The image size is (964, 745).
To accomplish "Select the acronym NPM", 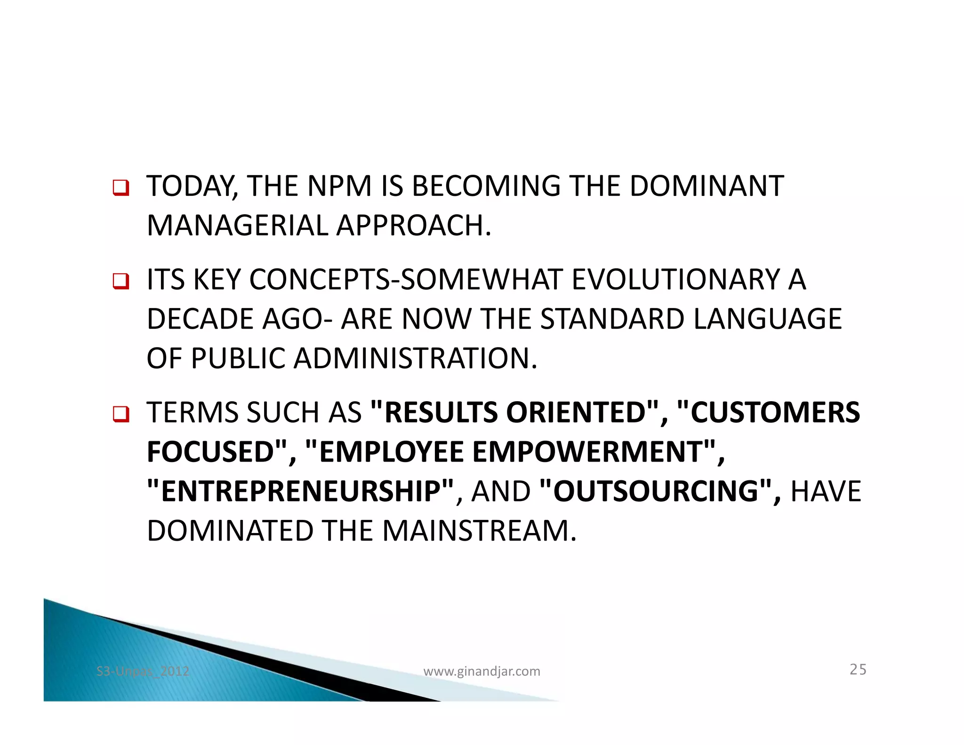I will (339, 186).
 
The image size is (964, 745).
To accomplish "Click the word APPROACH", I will (413, 226).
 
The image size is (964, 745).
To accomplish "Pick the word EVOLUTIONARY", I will (676, 280).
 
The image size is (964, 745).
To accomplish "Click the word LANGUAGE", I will (767, 319).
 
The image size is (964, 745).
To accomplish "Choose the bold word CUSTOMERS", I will (775, 413).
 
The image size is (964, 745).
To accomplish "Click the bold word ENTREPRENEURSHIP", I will (301, 492).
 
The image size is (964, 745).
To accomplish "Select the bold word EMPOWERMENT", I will (588, 452).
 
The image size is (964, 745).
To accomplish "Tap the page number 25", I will (858, 670).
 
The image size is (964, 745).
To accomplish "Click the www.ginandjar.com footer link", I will (482, 672).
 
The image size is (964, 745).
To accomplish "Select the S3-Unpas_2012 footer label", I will (143, 672).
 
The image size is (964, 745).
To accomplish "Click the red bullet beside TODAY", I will (120, 188).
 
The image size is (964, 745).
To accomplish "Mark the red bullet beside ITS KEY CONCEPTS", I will (120, 281).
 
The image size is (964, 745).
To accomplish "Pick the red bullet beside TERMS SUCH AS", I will (120, 414).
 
